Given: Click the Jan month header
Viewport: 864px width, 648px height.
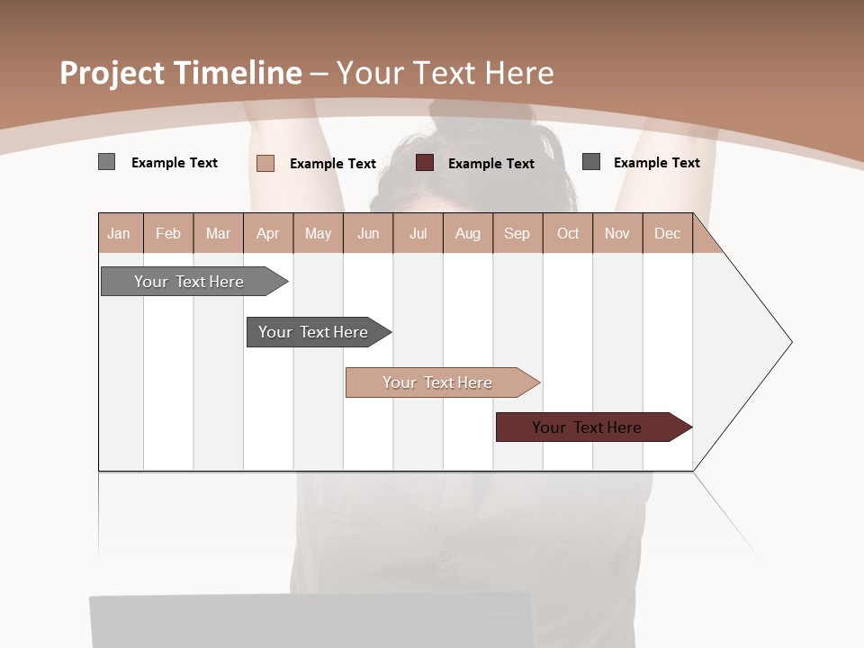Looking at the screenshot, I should (120, 233).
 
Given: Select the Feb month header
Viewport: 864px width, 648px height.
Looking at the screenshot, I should (168, 233).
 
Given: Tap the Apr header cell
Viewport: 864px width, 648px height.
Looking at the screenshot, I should (268, 233).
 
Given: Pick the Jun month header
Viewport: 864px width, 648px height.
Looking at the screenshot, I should (368, 233).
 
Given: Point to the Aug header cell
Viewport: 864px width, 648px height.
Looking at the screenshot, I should (468, 233).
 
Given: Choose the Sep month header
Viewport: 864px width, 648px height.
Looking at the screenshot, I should (517, 233).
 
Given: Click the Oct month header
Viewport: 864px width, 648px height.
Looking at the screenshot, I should (568, 233).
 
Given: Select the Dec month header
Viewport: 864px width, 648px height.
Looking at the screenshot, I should (668, 233).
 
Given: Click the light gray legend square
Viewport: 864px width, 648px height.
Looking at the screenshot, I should (107, 162).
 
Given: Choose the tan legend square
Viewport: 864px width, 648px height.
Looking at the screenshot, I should (265, 163).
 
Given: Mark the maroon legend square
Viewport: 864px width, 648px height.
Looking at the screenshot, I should (425, 163).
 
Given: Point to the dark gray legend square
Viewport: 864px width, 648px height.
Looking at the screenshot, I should (591, 162).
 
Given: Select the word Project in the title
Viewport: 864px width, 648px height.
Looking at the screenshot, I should (112, 73).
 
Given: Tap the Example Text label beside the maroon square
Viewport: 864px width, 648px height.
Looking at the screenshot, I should (491, 164).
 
